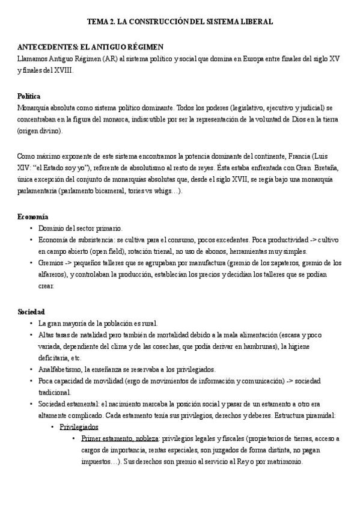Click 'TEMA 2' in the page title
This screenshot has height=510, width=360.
[100, 21]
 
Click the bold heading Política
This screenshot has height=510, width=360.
[29, 96]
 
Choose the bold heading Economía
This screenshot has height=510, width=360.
[33, 217]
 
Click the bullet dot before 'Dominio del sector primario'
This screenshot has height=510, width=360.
[31, 229]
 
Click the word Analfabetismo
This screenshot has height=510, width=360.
[60, 369]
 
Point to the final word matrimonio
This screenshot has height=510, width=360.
[300, 463]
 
